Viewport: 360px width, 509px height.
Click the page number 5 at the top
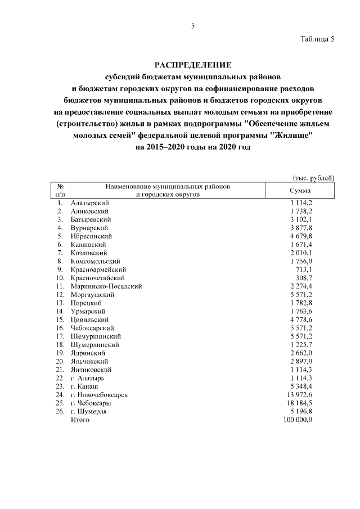click(192, 26)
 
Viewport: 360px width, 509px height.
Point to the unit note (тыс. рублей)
click(314, 178)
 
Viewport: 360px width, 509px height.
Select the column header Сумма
click(300, 191)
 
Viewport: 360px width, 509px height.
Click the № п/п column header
click(59, 190)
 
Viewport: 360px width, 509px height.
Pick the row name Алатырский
click(89, 202)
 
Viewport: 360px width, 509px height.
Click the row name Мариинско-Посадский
click(106, 286)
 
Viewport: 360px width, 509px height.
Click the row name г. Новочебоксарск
click(99, 395)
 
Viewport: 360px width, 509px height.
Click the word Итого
click(80, 420)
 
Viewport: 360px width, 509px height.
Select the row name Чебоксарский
click(93, 328)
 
